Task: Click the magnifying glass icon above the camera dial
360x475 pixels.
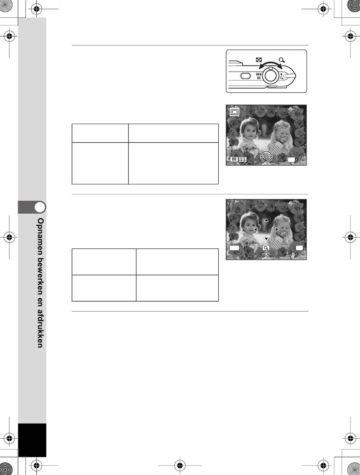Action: [282, 60]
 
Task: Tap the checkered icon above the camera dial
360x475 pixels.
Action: [259, 60]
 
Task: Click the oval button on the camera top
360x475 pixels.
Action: [246, 76]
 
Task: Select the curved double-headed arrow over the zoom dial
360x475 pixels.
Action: [271, 64]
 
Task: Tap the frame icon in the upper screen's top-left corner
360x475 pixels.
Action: [235, 112]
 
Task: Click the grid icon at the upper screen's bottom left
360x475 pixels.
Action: [243, 159]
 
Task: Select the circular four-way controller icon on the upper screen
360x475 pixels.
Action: [266, 156]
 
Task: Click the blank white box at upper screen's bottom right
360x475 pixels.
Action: [291, 160]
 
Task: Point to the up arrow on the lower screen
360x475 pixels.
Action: [266, 220]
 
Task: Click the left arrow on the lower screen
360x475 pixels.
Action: [255, 230]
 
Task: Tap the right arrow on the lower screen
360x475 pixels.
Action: [277, 230]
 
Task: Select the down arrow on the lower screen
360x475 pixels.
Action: [266, 239]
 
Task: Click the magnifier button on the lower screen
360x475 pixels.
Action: [266, 248]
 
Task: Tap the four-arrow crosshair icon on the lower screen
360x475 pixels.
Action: [266, 255]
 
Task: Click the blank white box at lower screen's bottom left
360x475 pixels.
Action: [234, 248]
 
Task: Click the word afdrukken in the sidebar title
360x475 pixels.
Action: [40, 329]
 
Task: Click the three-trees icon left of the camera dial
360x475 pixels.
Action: [259, 74]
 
